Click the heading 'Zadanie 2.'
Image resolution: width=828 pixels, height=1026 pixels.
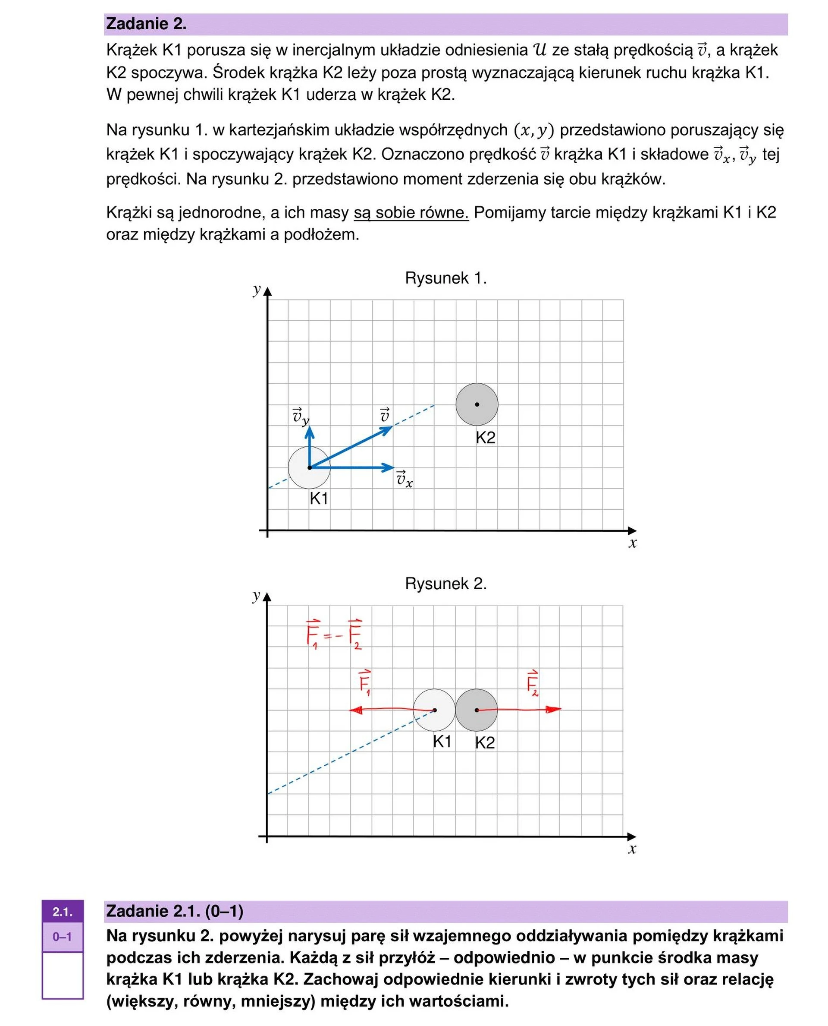tap(146, 24)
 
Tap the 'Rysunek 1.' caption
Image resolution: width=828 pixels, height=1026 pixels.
tap(445, 278)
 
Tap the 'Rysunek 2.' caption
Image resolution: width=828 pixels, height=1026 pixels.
tap(445, 584)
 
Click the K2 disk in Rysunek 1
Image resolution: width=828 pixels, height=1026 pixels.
tap(477, 404)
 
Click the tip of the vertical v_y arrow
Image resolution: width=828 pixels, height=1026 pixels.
tap(310, 428)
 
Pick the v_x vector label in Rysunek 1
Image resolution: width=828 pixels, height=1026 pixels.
tap(404, 478)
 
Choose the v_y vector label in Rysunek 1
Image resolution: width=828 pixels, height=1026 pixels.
tap(301, 417)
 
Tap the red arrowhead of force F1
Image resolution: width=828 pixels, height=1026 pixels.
tap(354, 710)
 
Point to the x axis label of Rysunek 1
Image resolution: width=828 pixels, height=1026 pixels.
tap(633, 543)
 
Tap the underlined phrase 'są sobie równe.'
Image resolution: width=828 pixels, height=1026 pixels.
tap(411, 212)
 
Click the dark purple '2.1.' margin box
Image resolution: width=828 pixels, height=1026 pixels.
tap(63, 912)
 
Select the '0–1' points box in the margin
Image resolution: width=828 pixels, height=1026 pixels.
tap(63, 936)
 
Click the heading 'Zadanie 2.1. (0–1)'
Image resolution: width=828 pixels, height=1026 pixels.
tap(175, 911)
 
